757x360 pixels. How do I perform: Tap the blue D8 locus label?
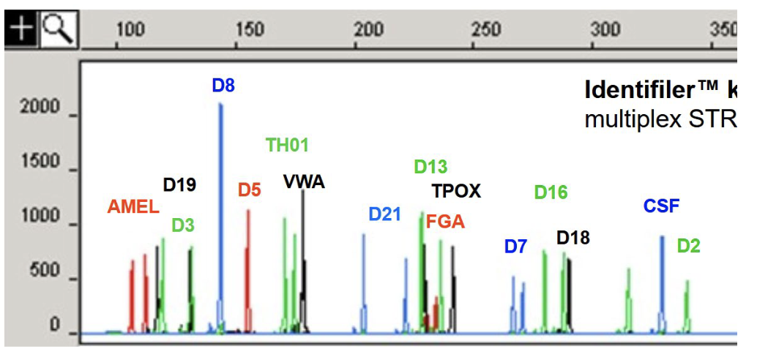(223, 86)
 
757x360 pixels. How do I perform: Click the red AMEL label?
(133, 207)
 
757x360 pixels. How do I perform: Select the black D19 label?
(179, 185)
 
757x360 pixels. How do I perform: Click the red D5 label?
(249, 190)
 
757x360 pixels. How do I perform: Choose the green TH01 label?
(287, 145)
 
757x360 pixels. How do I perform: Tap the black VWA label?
(304, 182)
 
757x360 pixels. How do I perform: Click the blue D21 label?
(385, 214)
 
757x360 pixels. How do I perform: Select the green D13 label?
(430, 167)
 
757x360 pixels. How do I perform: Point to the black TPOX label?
(456, 192)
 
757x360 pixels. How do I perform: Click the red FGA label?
(445, 222)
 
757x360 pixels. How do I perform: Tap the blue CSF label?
(662, 206)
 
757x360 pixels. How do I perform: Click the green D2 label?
(688, 246)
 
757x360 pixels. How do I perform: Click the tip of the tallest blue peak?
(220, 104)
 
